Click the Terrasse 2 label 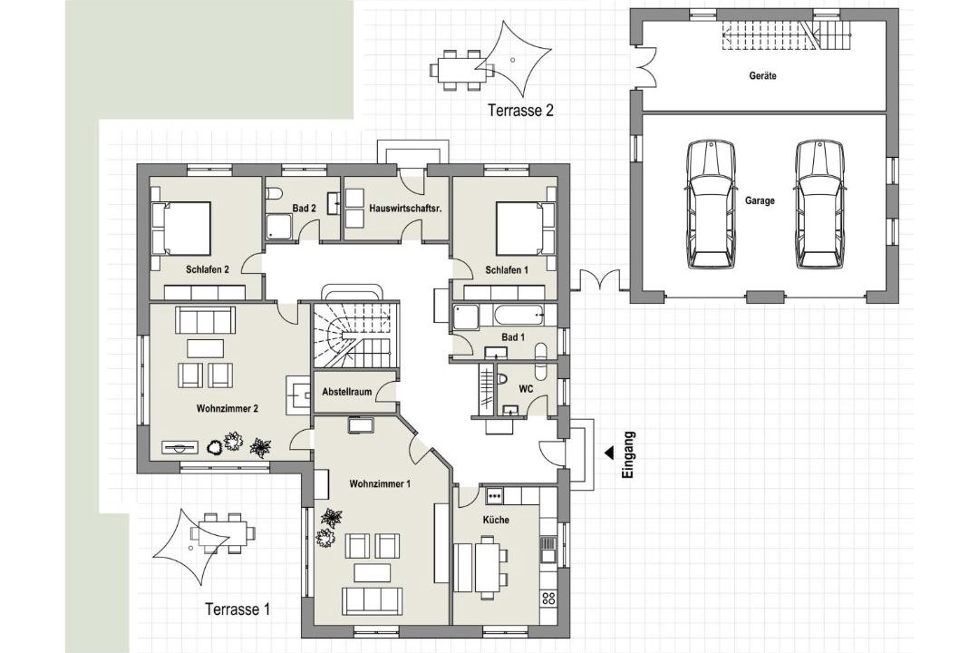click(x=520, y=111)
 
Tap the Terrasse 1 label click(x=237, y=609)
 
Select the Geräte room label click(x=762, y=75)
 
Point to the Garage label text click(x=760, y=200)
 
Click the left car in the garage click(x=711, y=204)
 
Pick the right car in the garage click(x=819, y=204)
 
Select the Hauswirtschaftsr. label click(x=405, y=208)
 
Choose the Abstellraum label click(x=346, y=392)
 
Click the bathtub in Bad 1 click(x=509, y=315)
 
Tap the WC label click(x=526, y=389)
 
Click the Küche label click(x=496, y=520)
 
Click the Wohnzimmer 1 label click(x=380, y=483)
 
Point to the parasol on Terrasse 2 click(x=512, y=58)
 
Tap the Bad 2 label click(x=303, y=208)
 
